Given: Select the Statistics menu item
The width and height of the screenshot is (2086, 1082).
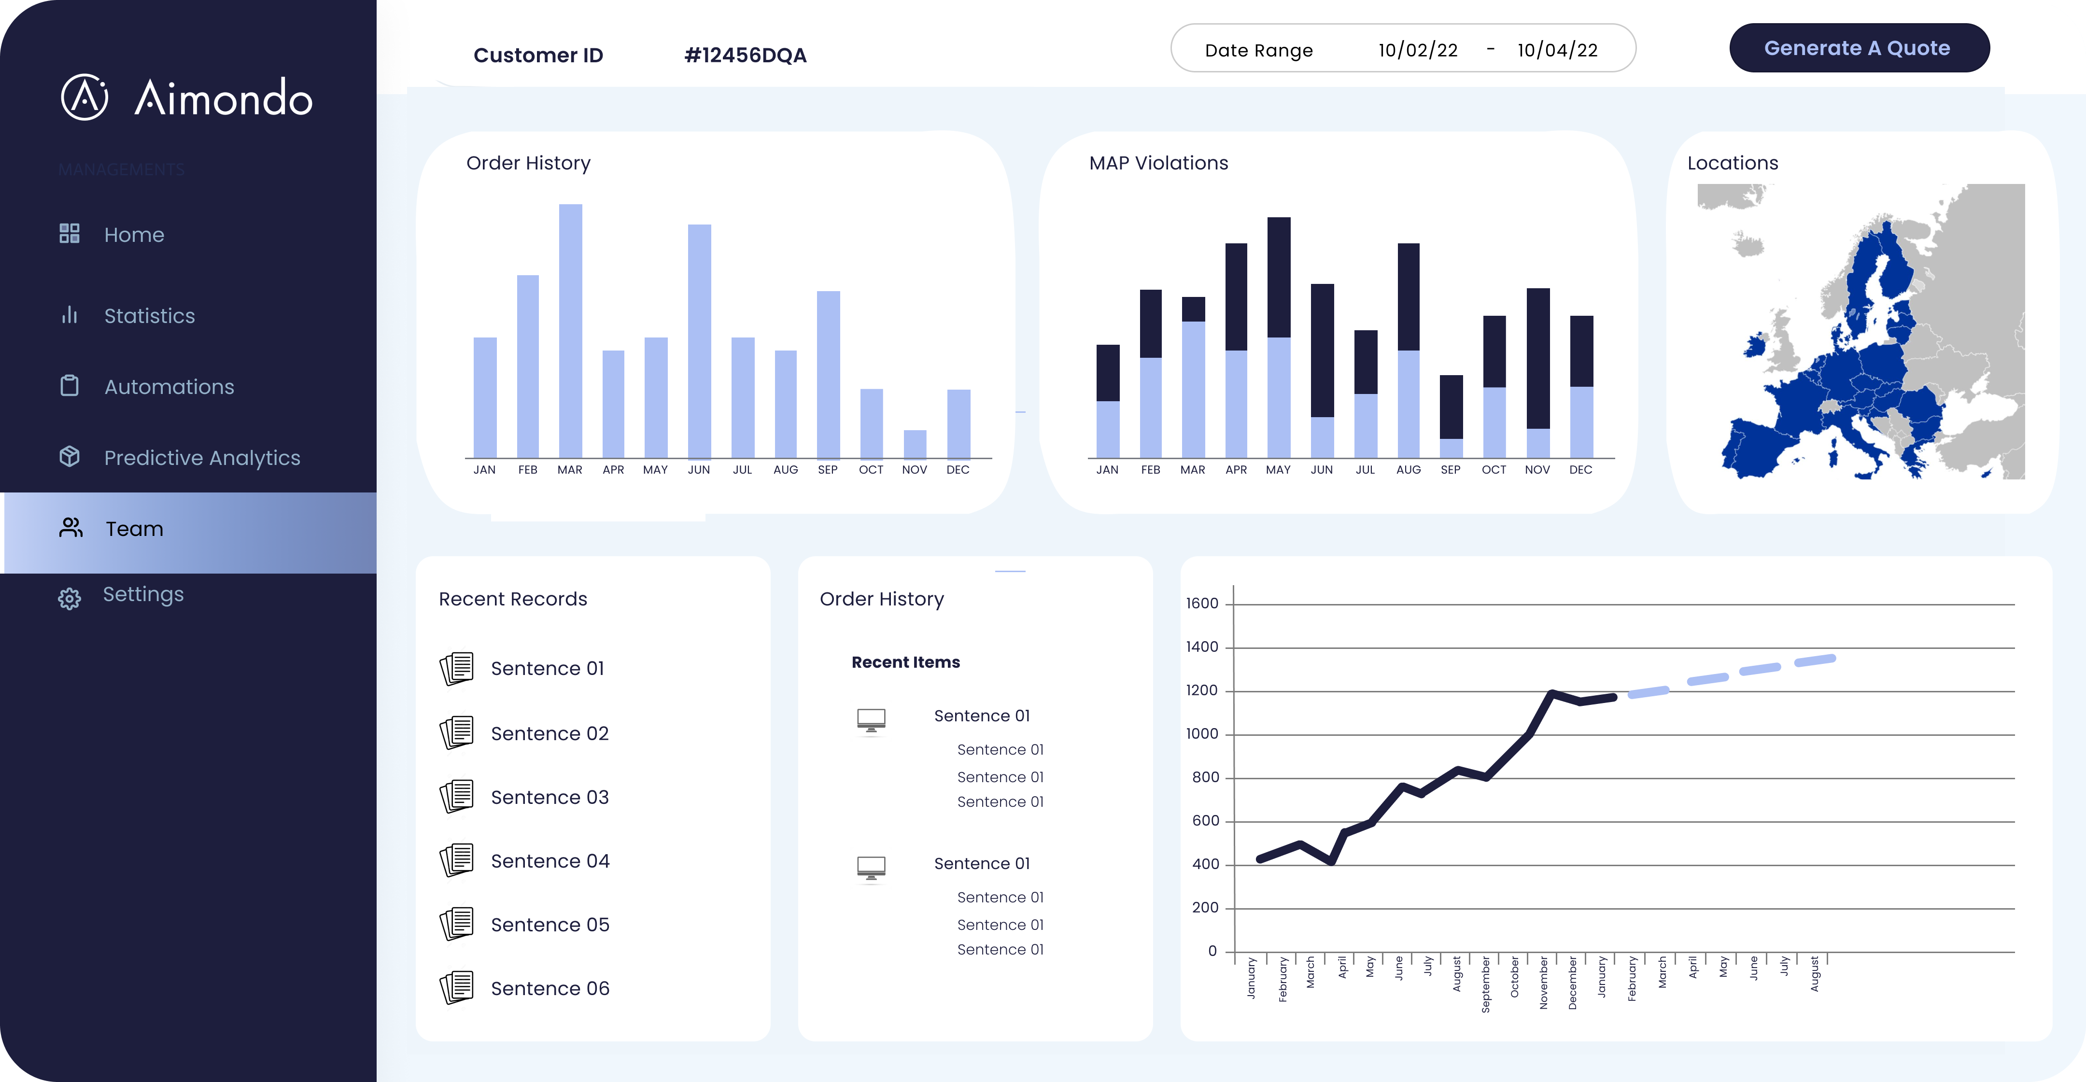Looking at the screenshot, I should (x=149, y=316).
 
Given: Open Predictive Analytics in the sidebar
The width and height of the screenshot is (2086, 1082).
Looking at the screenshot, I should (x=202, y=458).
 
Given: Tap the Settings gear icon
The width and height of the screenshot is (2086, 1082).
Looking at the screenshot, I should (x=70, y=599).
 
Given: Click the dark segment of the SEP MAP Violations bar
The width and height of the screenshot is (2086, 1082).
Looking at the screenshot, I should (x=1451, y=407).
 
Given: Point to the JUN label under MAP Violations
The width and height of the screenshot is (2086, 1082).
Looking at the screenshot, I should (x=1322, y=470).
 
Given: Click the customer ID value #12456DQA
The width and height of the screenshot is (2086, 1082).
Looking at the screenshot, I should (x=745, y=55).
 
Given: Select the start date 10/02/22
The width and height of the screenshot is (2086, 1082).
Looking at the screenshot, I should (x=1418, y=50).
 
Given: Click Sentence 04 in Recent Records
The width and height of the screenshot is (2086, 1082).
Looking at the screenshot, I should (x=550, y=861).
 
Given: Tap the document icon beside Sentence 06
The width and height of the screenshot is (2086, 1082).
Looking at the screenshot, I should (x=457, y=987).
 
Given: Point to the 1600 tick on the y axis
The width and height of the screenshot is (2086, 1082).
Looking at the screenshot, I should (x=1202, y=604).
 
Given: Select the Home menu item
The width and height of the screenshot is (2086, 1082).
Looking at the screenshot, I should (x=134, y=235).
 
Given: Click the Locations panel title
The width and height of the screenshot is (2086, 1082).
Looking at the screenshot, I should (x=1732, y=163).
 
